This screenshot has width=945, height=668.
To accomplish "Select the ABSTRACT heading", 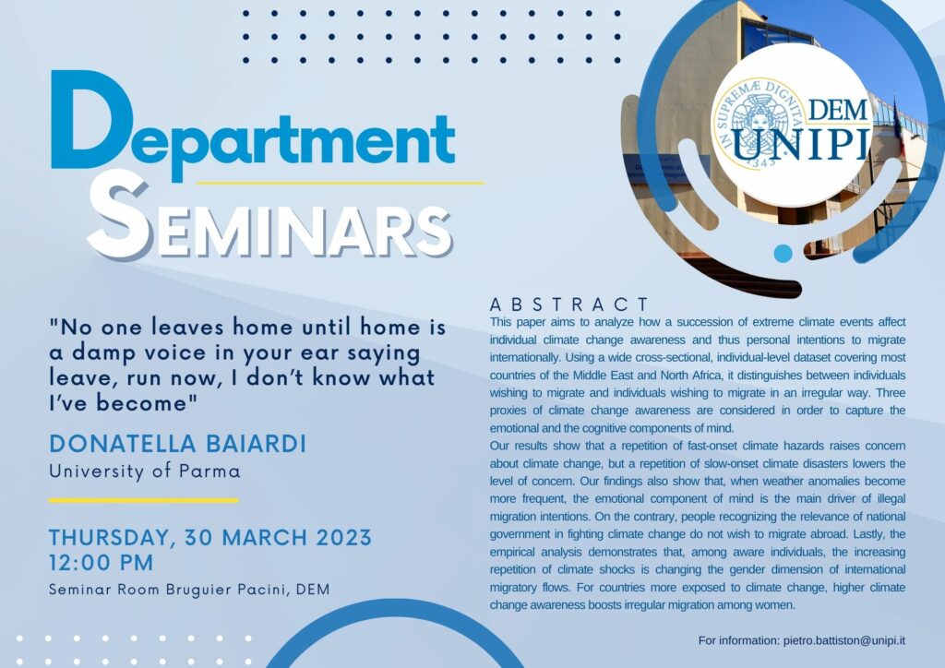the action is point(569,304).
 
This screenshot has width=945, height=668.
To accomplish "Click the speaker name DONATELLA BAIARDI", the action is point(178,444).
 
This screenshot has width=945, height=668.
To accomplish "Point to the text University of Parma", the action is point(145,471).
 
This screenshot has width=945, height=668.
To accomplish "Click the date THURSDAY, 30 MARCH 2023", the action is point(210,537).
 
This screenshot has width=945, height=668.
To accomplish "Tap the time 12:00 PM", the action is point(101,563).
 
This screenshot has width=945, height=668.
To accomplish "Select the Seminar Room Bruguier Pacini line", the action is point(189,589).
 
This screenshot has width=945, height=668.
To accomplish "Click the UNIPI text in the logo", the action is point(806,144).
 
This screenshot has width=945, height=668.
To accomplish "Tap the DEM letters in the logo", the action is point(838,110).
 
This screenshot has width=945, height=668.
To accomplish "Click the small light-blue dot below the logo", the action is point(783,253).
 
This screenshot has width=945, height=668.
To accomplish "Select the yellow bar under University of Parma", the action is point(143,500).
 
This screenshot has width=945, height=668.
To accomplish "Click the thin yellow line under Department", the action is point(341,182).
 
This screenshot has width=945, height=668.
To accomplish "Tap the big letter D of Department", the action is point(91,119).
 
